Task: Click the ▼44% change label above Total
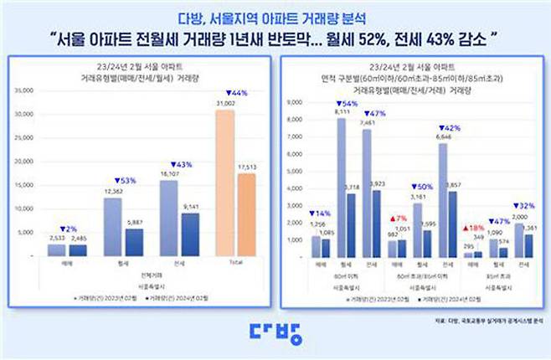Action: (226, 93)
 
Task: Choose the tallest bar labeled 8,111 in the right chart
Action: (342, 188)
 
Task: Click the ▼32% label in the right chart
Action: (523, 204)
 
